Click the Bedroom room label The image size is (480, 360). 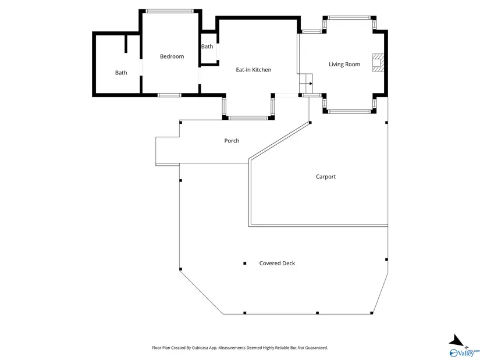point(172,56)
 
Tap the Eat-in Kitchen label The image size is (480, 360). point(254,70)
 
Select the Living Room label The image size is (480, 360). point(344,65)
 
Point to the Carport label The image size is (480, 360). point(326,177)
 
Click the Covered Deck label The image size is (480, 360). point(277,263)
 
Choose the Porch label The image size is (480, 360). point(232,141)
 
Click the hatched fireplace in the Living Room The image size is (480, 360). point(378,63)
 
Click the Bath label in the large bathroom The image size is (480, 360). point(121,73)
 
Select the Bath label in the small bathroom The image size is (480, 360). point(207,47)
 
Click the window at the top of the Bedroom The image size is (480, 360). point(169,11)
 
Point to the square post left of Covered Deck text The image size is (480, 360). point(244,263)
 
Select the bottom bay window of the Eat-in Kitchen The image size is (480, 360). point(248,118)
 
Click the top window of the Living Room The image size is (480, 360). point(349,18)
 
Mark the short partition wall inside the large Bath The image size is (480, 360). point(126,44)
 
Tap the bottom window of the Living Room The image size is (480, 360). point(350,112)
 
